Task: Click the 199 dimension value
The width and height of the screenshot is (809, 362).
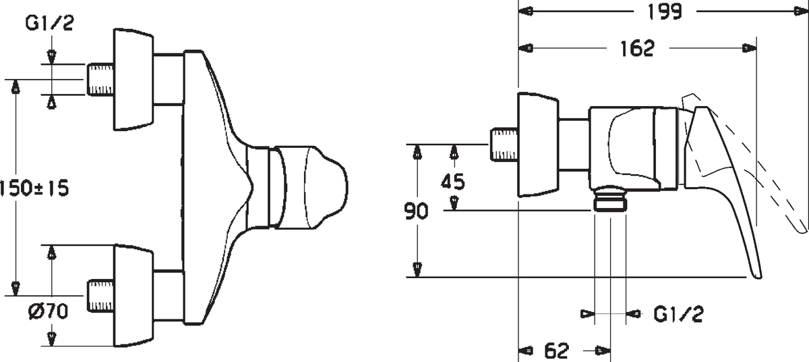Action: [665, 11]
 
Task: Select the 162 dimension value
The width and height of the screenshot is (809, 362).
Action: [637, 49]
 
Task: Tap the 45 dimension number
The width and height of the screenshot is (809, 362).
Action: [452, 182]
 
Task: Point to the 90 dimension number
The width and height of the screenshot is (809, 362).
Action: [416, 211]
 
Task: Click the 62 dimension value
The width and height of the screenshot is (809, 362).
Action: [557, 351]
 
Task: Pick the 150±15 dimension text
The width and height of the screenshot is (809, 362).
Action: [34, 189]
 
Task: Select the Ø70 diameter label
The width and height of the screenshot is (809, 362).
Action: [48, 311]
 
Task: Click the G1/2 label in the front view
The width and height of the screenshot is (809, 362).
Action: [49, 24]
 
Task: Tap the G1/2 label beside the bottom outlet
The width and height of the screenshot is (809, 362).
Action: [679, 314]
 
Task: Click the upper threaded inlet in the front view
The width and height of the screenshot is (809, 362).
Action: [100, 80]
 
